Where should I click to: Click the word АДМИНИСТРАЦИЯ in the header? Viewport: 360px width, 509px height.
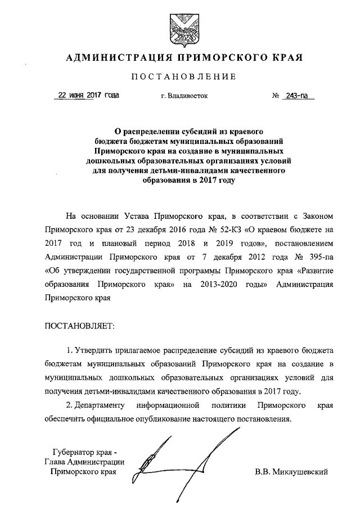(116, 57)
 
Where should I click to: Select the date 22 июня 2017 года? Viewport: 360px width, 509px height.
(86, 96)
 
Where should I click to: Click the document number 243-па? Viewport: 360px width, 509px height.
(299, 96)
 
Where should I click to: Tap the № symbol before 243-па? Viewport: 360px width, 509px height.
(276, 96)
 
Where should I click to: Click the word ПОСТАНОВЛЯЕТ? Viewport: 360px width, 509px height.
(78, 326)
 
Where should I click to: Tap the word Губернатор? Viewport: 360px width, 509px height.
(75, 452)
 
